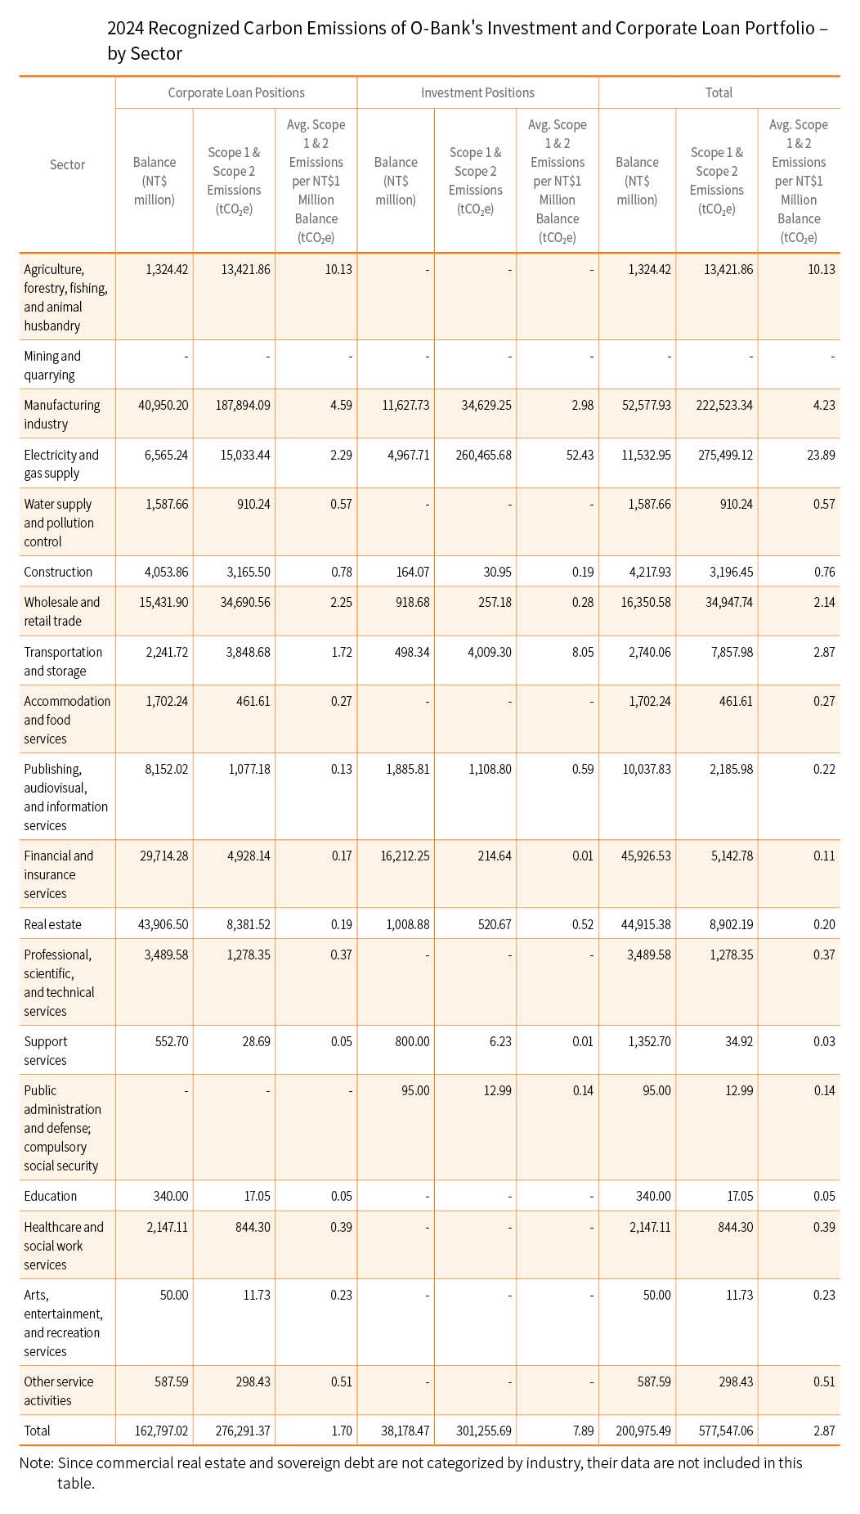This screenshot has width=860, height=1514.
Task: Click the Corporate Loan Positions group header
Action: click(x=236, y=93)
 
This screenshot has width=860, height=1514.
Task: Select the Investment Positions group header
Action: click(x=477, y=93)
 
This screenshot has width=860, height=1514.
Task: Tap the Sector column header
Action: click(x=67, y=165)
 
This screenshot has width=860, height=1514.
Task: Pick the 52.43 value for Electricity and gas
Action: click(x=580, y=455)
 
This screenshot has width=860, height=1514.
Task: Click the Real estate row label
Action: click(x=52, y=924)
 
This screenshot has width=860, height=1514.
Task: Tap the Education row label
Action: click(x=50, y=1196)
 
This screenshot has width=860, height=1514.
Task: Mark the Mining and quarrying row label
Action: click(x=52, y=366)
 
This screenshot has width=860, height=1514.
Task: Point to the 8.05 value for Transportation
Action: click(x=583, y=653)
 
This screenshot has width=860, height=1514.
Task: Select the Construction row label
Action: click(x=58, y=573)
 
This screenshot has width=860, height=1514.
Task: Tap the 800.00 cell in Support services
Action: click(x=412, y=1042)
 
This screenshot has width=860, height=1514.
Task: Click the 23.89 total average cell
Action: click(x=822, y=455)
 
